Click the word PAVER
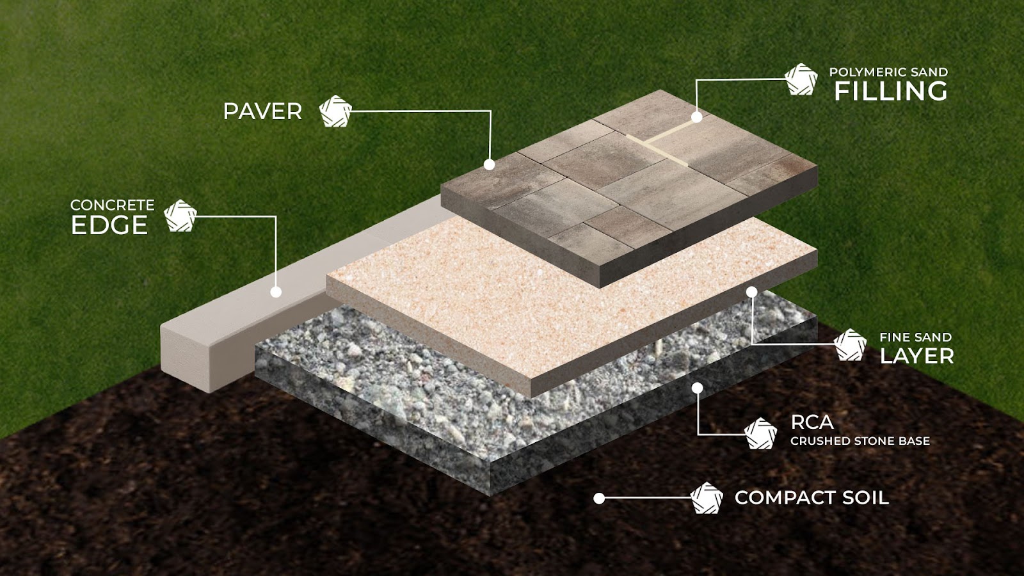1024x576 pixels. (x=263, y=111)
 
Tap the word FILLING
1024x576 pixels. (x=891, y=91)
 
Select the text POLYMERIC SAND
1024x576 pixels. (x=889, y=72)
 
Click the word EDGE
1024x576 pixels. (x=109, y=225)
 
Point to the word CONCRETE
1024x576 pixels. (x=113, y=205)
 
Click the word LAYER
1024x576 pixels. (x=917, y=356)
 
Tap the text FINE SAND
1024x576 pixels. (x=916, y=337)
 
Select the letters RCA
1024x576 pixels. (x=812, y=423)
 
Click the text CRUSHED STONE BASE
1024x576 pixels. (x=860, y=441)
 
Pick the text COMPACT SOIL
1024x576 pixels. (x=812, y=498)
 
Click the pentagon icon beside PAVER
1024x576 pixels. (x=335, y=111)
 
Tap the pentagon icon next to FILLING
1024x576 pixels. (x=801, y=79)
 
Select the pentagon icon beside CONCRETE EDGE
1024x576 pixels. (x=180, y=215)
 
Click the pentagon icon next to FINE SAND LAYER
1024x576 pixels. (x=851, y=345)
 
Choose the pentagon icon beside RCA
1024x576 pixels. (x=761, y=433)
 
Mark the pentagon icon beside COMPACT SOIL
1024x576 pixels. (x=707, y=498)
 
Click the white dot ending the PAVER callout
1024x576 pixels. (x=489, y=164)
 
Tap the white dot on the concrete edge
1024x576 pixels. (x=276, y=292)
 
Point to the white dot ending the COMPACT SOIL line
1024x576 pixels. (x=599, y=499)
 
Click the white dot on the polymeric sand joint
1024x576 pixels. (x=697, y=117)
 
